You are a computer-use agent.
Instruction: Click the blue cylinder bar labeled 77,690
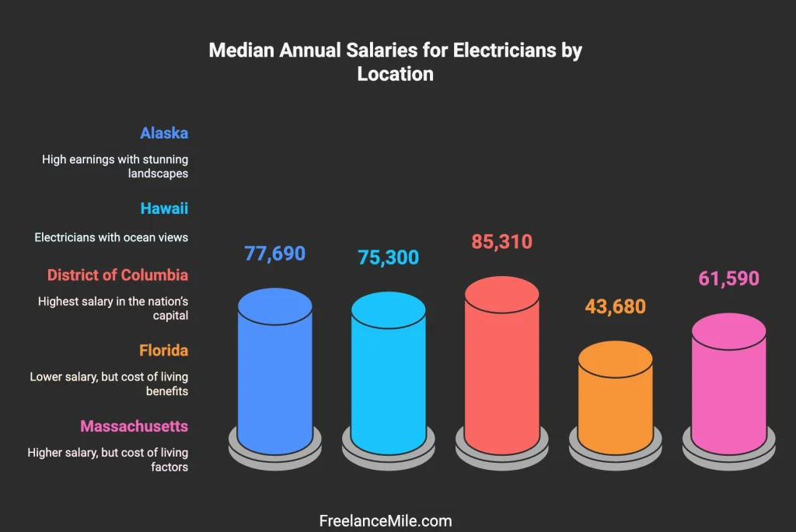click(275, 373)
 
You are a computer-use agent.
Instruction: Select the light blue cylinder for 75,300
click(389, 377)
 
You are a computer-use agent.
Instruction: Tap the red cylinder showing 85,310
click(501, 366)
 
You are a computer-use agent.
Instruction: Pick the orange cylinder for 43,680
click(616, 401)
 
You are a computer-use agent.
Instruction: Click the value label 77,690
click(275, 254)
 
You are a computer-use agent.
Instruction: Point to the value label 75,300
click(389, 257)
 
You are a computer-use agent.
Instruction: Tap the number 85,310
click(501, 242)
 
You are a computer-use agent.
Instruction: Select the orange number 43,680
click(615, 306)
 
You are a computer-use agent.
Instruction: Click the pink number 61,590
click(728, 278)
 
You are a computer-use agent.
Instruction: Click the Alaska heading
click(164, 133)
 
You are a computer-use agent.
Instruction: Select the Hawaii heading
click(164, 208)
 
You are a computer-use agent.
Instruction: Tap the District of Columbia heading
click(117, 275)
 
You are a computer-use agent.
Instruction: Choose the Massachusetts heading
click(134, 426)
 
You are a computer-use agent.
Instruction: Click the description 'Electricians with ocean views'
click(111, 237)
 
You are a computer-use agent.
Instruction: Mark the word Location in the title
click(395, 75)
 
